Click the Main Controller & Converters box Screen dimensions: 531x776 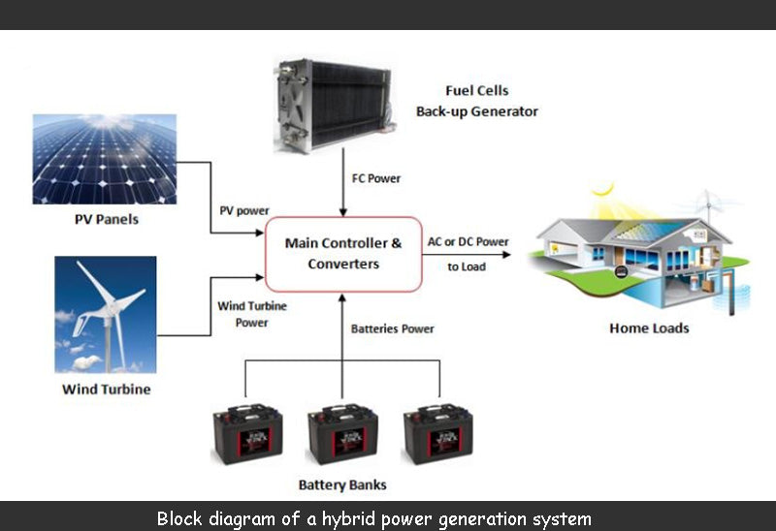pos(342,253)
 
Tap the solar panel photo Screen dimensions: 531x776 pos(105,159)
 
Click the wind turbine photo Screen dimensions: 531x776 pos(105,314)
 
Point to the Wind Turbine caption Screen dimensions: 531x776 pos(106,390)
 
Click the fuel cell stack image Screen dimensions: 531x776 pos(332,104)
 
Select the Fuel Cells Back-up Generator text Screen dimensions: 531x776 pos(477,102)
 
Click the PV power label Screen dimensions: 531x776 pos(244,210)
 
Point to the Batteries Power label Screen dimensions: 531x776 pos(392,328)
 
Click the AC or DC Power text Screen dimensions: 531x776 pos(469,241)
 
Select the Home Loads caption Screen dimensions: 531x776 pos(649,328)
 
